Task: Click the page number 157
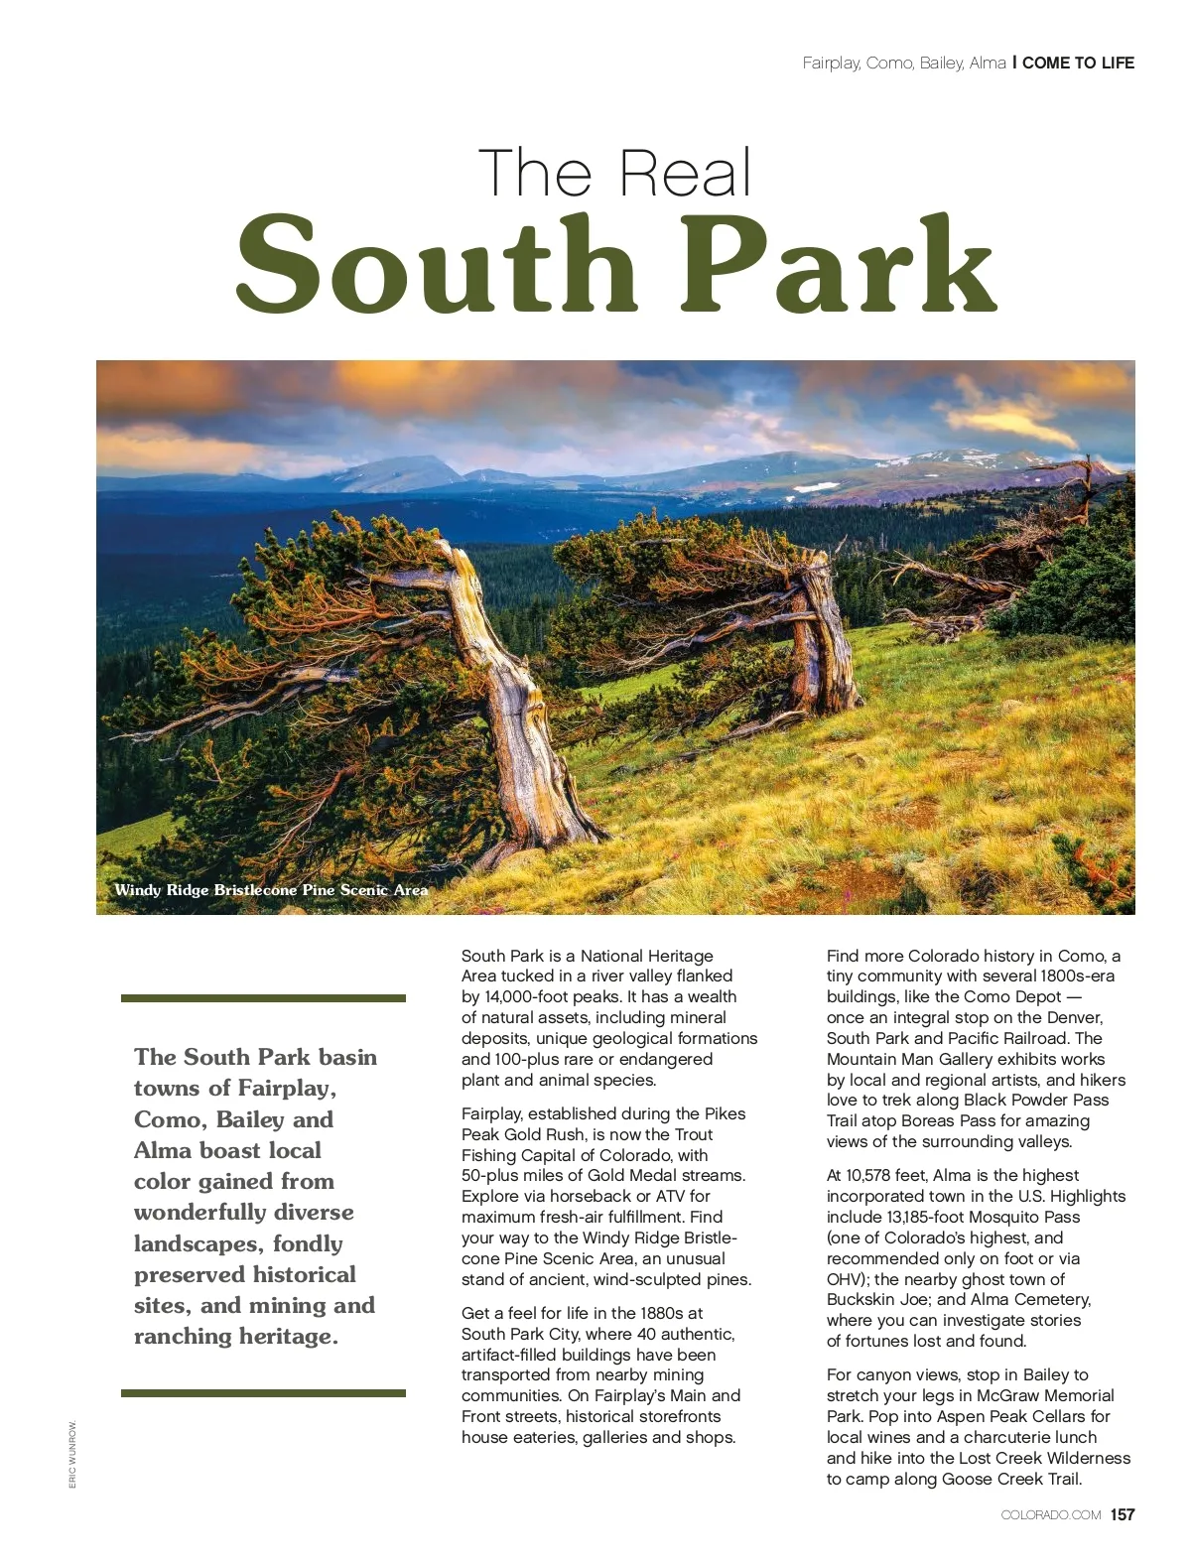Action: coord(1123,1514)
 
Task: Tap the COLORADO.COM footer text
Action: coord(1050,1515)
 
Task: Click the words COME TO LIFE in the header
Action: coord(1078,63)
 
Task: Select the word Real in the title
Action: coord(686,174)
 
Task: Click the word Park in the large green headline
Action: coord(839,265)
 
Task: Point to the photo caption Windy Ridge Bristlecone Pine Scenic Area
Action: coord(271,890)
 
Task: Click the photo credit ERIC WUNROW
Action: coord(72,1455)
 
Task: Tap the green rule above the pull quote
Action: coord(263,998)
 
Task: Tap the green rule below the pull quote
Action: coord(263,1393)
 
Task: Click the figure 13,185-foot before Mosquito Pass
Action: coord(877,1217)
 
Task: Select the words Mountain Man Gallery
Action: coord(911,1059)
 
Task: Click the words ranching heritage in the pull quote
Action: coord(235,1337)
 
